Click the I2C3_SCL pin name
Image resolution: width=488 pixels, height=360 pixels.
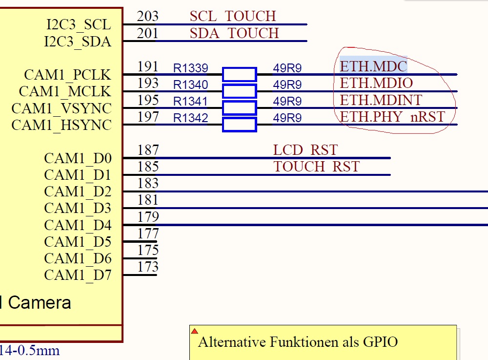(x=79, y=24)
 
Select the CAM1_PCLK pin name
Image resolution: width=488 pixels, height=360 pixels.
(x=67, y=75)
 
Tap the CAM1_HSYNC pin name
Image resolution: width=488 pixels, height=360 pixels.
(x=61, y=125)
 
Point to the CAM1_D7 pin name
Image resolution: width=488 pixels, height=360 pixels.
(x=78, y=275)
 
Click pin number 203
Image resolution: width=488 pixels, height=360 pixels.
(x=147, y=16)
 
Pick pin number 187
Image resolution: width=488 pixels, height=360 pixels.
(x=148, y=150)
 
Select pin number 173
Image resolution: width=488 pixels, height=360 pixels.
(x=148, y=267)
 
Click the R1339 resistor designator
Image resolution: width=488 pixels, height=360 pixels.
(x=190, y=68)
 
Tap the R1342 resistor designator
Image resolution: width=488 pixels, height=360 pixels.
(x=190, y=118)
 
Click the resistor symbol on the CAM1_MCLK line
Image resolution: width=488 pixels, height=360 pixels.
(x=239, y=91)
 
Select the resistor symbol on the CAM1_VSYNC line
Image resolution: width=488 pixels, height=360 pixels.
(x=239, y=108)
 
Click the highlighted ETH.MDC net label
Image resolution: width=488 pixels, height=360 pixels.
(x=373, y=66)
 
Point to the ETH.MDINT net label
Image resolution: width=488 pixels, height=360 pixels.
(x=381, y=100)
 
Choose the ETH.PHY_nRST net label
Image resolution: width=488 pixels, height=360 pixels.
(x=392, y=117)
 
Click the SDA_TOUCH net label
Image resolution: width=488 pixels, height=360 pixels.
(x=234, y=33)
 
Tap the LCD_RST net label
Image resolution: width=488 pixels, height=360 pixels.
(x=305, y=150)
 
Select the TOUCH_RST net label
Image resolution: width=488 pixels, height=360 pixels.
(x=317, y=167)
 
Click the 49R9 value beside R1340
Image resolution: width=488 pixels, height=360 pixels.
(x=287, y=85)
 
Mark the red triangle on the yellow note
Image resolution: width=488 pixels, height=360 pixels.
(x=195, y=331)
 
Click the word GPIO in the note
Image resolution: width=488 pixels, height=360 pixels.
(x=380, y=342)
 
